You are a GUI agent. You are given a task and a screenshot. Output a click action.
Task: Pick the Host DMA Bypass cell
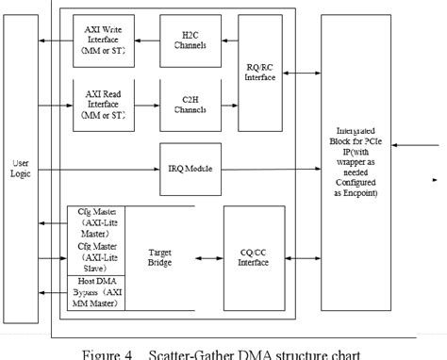(94, 289)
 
